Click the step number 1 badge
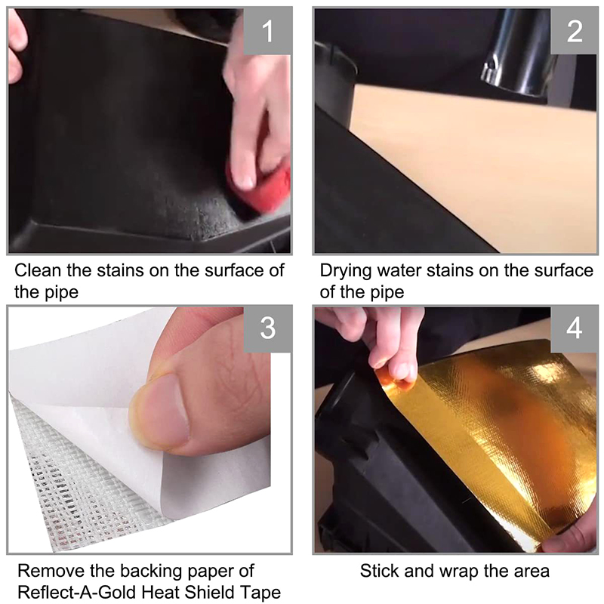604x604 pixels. click(267, 31)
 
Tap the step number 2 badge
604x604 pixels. click(574, 31)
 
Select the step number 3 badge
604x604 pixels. click(267, 328)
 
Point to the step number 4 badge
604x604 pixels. click(574, 328)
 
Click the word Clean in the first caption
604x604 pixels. click(38, 270)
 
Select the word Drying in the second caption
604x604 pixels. click(346, 272)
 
